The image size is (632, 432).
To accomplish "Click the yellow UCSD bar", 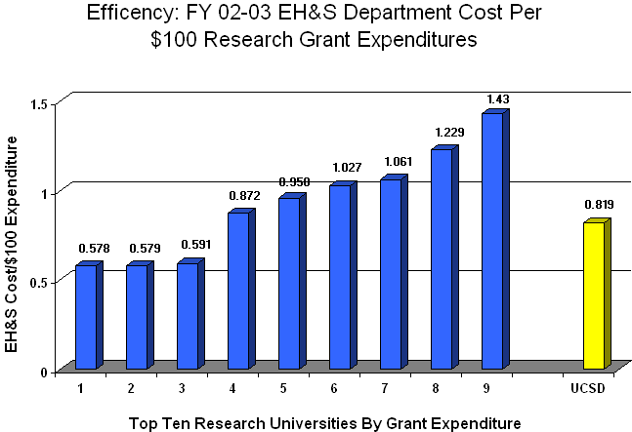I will point(593,295).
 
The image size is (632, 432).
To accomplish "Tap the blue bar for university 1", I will point(86,317).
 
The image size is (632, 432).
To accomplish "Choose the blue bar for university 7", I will point(390,274).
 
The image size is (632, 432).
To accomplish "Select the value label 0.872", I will point(243,196).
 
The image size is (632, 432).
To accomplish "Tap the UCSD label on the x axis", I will point(588,388).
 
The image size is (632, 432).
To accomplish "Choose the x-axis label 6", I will point(334,388).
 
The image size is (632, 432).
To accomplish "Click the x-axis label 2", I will point(131,388).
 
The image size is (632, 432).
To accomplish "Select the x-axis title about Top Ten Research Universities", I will point(324,422).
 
